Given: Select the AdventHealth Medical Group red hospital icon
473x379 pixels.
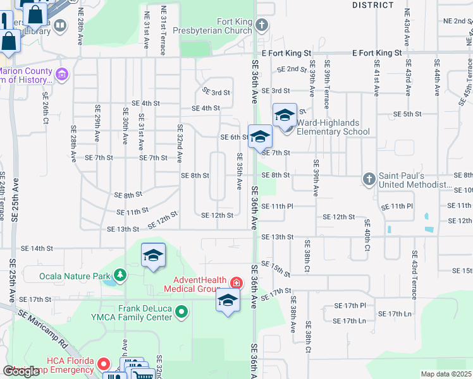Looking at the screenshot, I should [236, 282].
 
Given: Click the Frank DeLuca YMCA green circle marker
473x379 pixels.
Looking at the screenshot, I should [182, 311].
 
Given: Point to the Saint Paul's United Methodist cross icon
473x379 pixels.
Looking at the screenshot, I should [370, 179].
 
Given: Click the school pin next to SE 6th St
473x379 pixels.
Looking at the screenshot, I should [259, 136].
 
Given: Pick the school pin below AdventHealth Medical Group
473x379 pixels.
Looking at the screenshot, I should [228, 299].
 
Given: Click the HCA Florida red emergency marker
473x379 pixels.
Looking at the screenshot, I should [105, 364].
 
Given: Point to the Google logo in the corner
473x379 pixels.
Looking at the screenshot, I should [21, 371].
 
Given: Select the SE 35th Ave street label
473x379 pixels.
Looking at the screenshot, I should [240, 171].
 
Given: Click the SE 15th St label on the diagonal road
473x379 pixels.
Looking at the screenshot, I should [274, 268].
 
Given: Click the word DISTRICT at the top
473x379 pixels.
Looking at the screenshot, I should [373, 4].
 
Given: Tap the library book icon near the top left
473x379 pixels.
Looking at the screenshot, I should [60, 25].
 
